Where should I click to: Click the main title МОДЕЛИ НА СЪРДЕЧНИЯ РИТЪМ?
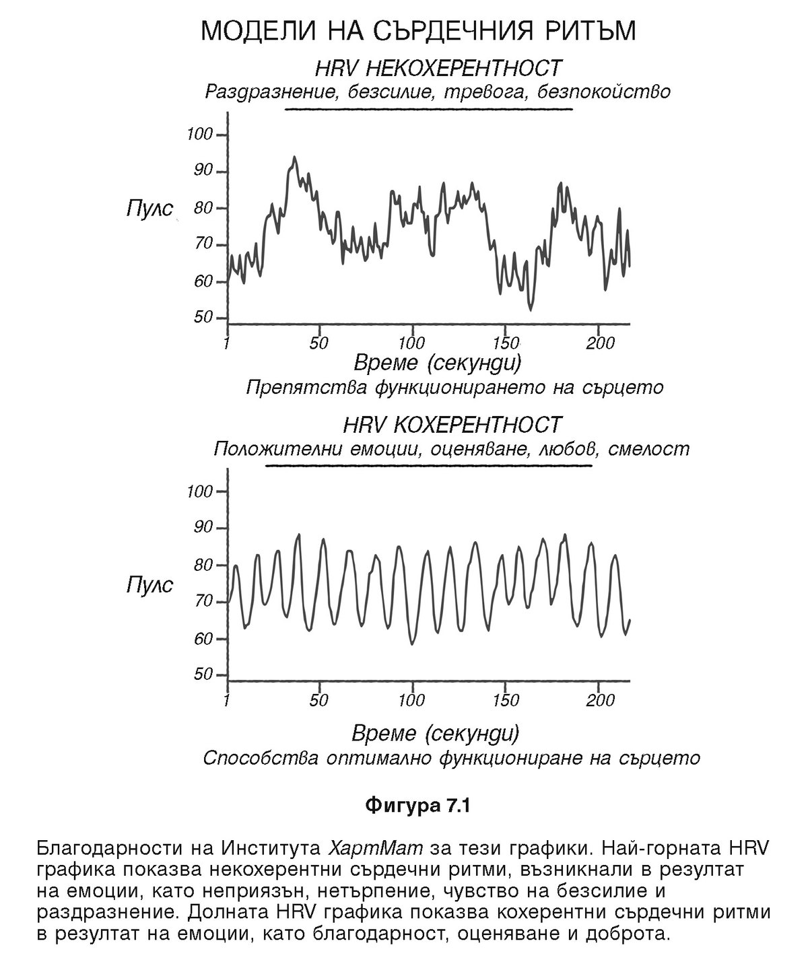pos(418,32)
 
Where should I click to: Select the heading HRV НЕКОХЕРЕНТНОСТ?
pos(438,68)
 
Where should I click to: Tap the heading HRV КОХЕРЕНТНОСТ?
pos(451,425)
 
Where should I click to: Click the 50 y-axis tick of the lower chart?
pos(203,675)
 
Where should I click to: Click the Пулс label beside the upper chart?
pos(149,207)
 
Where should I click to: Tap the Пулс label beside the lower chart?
pos(149,584)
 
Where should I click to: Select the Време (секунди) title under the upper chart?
pos(437,364)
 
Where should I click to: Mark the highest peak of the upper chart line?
pos(294,158)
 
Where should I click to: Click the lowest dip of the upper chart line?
pos(531,310)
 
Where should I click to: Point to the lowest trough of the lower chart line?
pos(412,644)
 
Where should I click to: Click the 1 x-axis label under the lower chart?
pos(227,700)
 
